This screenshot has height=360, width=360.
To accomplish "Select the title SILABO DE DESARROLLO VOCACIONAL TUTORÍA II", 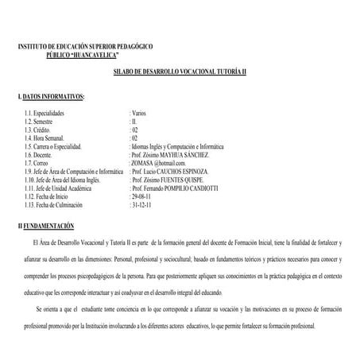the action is pos(180,72).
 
